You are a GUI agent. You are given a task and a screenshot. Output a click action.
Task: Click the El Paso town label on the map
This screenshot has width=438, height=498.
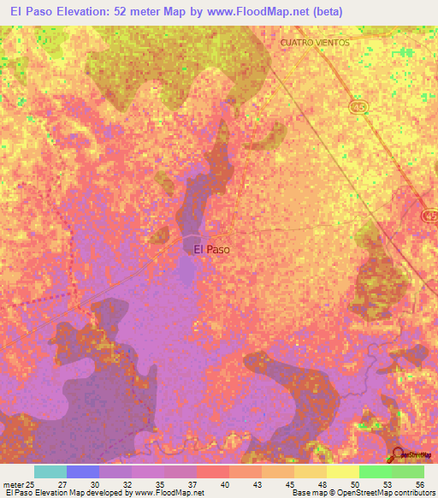[x=211, y=249]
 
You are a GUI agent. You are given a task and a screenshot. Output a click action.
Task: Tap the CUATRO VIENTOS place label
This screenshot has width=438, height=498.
[x=315, y=42]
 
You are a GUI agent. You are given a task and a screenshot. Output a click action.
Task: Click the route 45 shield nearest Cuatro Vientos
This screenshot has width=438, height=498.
[x=358, y=104]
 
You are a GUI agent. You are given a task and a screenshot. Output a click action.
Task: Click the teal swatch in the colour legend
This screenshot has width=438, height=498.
[x=50, y=471]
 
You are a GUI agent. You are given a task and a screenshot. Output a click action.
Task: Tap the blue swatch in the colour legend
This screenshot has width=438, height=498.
[x=83, y=471]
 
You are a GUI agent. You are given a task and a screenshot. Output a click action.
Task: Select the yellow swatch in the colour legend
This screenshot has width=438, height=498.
[x=343, y=471]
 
